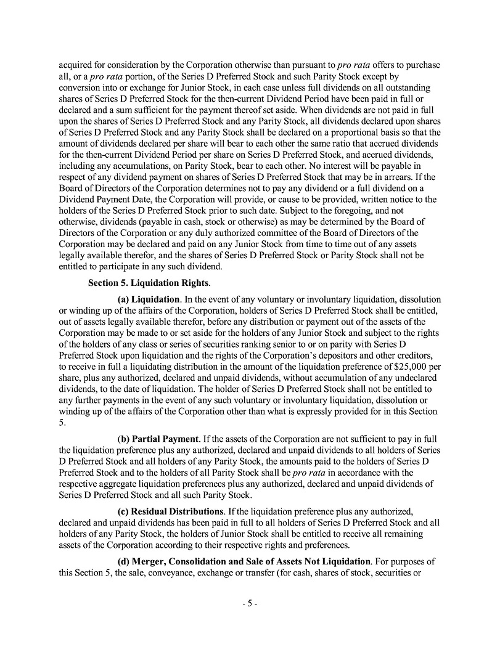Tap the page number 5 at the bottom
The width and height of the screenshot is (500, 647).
point(249,604)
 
